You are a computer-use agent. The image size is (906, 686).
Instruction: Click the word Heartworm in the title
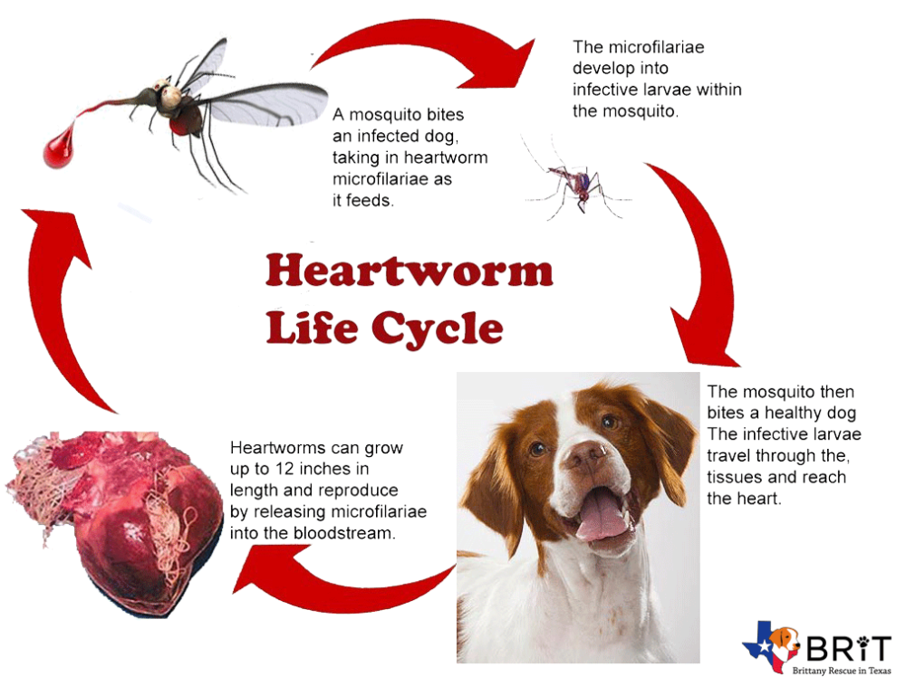point(410,270)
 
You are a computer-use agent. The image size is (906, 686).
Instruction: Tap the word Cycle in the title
point(438,328)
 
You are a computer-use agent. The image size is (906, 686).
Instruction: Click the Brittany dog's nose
point(585,454)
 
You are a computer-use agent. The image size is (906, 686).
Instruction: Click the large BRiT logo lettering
point(848,649)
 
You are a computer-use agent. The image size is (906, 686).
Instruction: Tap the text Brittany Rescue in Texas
point(842,671)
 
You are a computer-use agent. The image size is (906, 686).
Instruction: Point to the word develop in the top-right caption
point(620,69)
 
